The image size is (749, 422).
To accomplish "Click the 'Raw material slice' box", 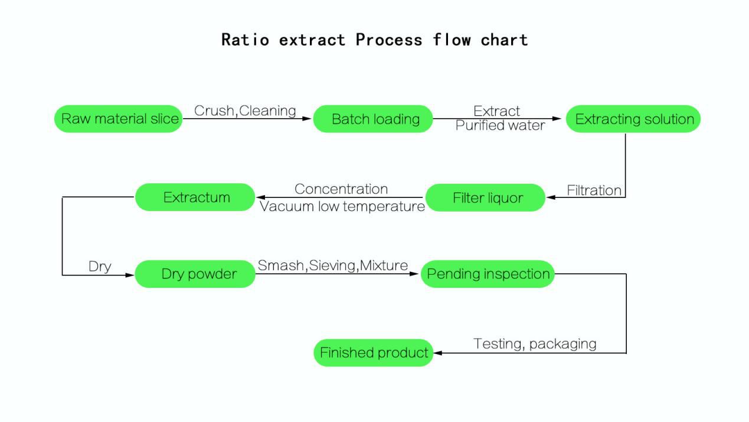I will point(119,119).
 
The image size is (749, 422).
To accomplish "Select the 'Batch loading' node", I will point(373,119).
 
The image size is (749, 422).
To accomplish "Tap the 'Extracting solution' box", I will point(633,119).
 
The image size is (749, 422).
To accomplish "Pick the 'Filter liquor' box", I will point(485,197).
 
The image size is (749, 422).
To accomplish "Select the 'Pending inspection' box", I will point(488,274).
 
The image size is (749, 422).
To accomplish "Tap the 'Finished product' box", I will point(373,353).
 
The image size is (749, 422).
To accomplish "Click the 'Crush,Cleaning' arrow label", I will point(245,111).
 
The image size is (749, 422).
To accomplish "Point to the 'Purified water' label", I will point(500,125).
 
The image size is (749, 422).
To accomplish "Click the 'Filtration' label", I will point(594,190).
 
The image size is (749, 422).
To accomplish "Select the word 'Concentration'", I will point(341,189).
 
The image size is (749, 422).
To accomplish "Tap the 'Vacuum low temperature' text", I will point(342,206).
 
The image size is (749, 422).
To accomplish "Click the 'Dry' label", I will point(100,267).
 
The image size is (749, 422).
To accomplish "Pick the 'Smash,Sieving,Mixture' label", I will point(333,265).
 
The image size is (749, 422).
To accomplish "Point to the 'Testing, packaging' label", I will point(535,343).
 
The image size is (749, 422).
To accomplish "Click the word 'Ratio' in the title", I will point(246,40).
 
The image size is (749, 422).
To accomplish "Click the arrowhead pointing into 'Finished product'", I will point(438,353).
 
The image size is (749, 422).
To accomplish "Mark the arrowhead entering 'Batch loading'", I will point(307,118).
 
